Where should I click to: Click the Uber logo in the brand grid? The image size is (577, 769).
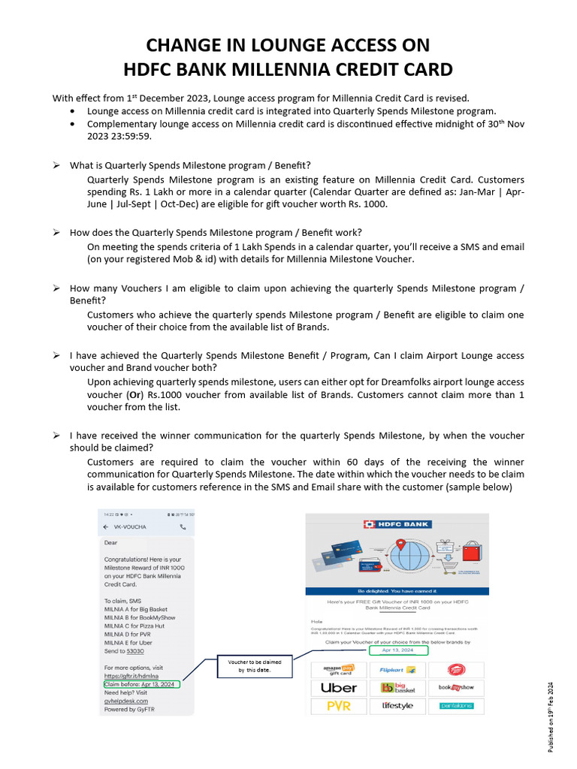click(339, 687)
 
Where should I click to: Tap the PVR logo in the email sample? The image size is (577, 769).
click(339, 706)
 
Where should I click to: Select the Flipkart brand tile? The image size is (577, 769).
click(397, 669)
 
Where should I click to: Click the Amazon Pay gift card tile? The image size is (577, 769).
click(339, 669)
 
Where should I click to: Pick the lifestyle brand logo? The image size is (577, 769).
click(397, 706)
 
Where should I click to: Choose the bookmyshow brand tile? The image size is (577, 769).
click(455, 687)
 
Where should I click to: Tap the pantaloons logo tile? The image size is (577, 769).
click(455, 706)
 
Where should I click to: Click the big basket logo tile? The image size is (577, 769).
click(397, 687)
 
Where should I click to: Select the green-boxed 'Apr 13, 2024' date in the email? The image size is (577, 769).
click(397, 650)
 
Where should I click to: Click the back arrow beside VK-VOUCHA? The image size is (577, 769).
click(105, 527)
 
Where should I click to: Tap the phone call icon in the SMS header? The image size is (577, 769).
click(183, 527)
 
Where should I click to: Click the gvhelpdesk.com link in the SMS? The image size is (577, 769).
click(126, 701)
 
